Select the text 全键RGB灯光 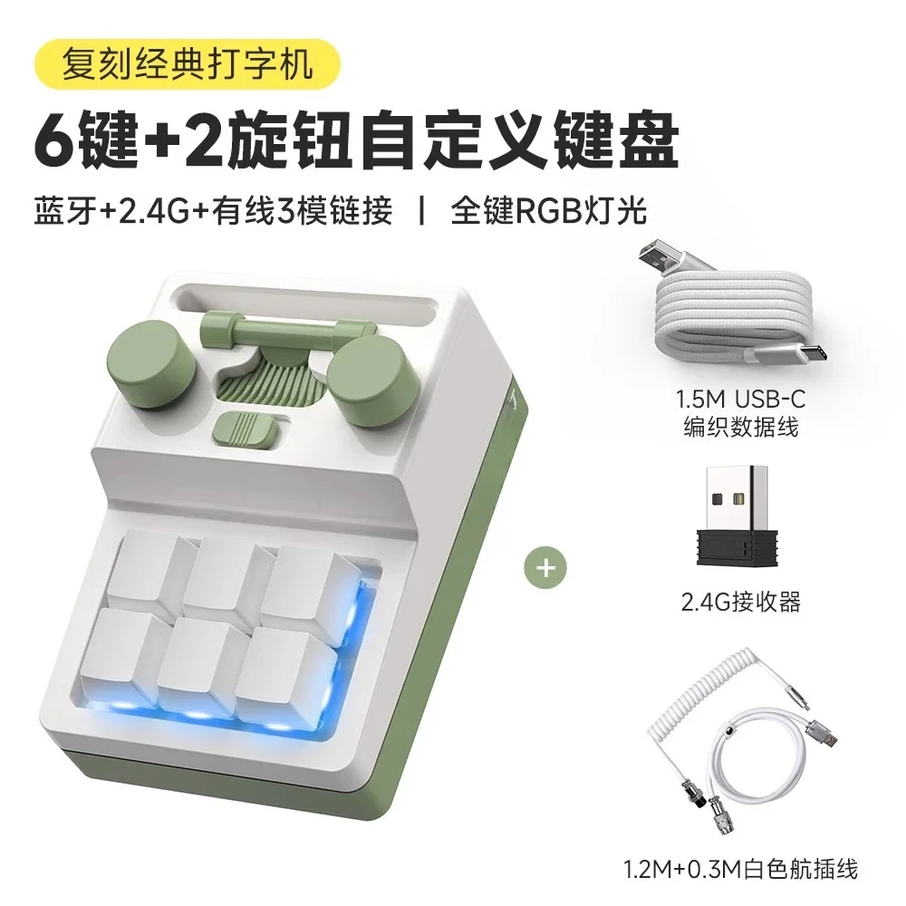point(549,211)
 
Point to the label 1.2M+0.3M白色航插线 point(740,870)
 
